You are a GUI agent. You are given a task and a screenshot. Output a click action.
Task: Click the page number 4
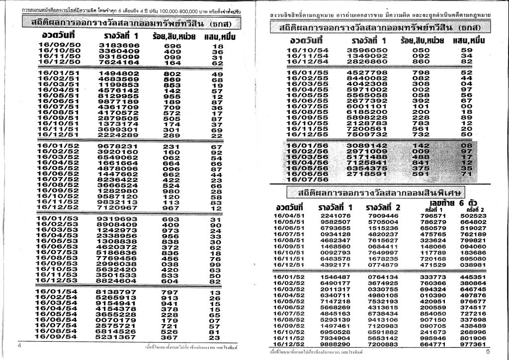19,345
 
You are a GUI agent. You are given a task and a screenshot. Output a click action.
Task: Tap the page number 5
488,352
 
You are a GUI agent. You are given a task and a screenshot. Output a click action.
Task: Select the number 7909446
383,215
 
